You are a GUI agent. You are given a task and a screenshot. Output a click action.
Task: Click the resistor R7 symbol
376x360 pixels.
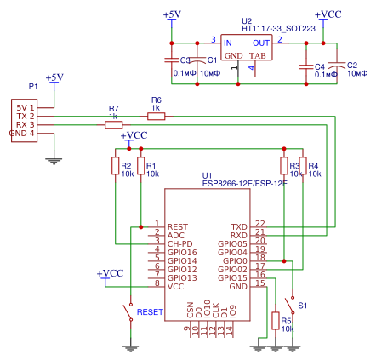tap(114, 124)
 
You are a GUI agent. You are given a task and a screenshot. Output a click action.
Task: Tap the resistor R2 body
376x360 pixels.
tap(115, 165)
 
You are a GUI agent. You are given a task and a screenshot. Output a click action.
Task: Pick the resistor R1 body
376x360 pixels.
tap(140, 165)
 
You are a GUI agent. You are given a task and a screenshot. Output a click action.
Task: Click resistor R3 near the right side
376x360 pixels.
tap(283, 165)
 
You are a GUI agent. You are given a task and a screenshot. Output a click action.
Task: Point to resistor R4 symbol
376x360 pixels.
tap(303, 165)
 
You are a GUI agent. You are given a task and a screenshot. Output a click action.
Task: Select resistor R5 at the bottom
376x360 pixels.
tap(275, 320)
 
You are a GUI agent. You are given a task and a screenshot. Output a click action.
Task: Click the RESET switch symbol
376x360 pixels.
tap(131, 311)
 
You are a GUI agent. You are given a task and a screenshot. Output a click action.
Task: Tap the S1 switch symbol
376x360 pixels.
tap(292, 305)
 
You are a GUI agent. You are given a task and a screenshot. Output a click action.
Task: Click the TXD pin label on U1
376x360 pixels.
tap(239, 226)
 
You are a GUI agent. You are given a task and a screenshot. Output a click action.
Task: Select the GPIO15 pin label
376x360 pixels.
tap(232, 277)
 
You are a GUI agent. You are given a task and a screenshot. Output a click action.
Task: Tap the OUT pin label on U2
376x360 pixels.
tap(261, 42)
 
